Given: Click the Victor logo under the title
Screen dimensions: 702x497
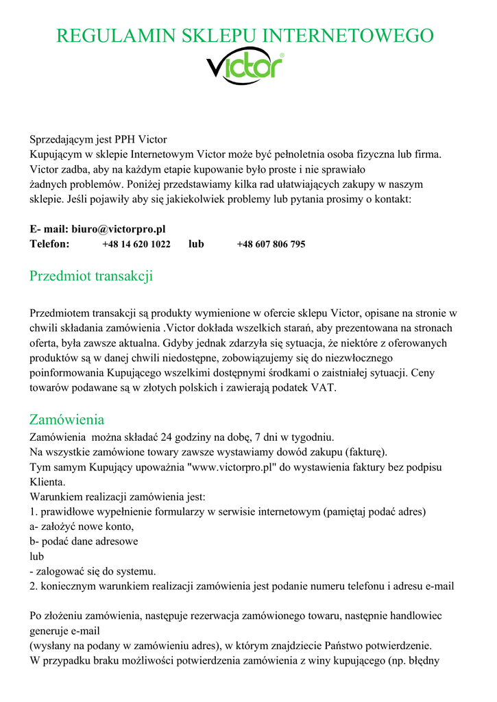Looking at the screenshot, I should point(244,68).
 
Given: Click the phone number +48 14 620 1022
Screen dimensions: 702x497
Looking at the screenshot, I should point(136,244).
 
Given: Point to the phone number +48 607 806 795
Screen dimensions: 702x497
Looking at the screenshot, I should point(271,244).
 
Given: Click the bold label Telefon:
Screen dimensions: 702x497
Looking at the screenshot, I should point(49,244).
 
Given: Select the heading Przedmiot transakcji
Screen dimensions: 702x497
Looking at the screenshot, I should point(90,276).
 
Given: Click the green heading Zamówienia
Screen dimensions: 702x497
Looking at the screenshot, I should point(66,419).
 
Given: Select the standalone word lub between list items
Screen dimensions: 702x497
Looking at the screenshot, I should point(36,557).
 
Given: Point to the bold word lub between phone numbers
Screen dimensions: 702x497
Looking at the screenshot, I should point(196,244).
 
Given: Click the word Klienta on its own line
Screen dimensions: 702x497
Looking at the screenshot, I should point(47,482).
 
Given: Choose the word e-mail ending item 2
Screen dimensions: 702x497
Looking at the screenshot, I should point(439,586).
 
